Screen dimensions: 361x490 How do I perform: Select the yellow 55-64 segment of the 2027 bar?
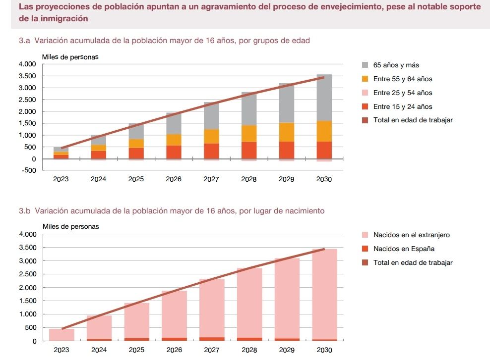coord(211,136)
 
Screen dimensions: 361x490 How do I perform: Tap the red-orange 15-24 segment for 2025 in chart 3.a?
coord(136,153)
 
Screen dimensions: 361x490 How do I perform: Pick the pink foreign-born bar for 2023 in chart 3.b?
coord(61,334)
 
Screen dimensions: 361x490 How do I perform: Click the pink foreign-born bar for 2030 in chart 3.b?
coord(324,292)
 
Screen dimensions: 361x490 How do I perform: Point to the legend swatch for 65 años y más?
coord(365,65)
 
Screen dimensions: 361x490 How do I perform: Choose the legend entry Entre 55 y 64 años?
coord(402,79)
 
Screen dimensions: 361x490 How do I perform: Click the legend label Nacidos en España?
coord(403,249)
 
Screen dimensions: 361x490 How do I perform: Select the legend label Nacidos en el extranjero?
coord(411,235)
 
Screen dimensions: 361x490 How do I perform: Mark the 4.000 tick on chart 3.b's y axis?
coord(28,234)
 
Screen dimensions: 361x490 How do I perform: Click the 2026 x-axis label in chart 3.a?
coord(174,179)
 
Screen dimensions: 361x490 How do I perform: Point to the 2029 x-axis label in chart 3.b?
coord(286,350)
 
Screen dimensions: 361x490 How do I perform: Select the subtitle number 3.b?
coord(24,210)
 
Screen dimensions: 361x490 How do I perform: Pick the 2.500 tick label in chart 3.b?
coord(28,274)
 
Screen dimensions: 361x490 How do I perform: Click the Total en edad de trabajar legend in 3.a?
coord(413,120)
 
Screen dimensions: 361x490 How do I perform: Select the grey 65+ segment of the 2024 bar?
coord(99,140)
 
